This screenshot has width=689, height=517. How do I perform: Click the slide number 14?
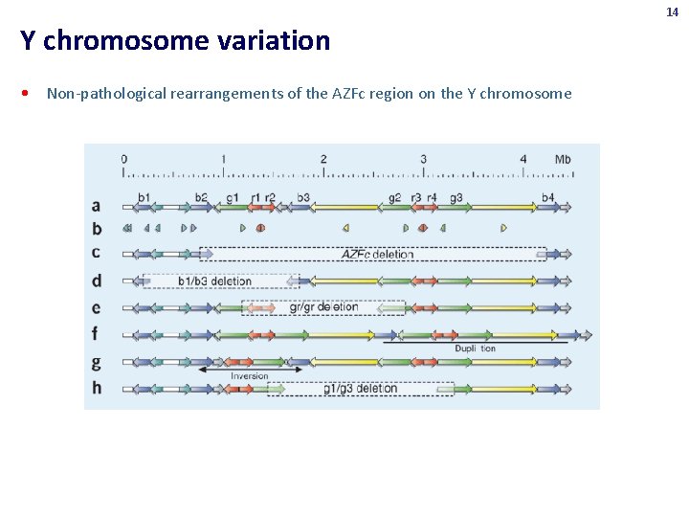pyautogui.click(x=673, y=11)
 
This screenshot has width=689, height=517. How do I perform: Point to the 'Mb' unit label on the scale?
pyautogui.click(x=563, y=159)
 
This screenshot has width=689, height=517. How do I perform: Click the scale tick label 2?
pyautogui.click(x=323, y=159)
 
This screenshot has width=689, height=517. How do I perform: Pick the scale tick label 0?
pyautogui.click(x=124, y=159)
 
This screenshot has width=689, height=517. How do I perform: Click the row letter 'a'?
pyautogui.click(x=96, y=206)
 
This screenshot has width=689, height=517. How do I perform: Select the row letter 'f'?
pyautogui.click(x=96, y=335)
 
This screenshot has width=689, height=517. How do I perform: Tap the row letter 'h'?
pyautogui.click(x=96, y=389)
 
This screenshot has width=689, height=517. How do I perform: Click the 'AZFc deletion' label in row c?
pyautogui.click(x=378, y=255)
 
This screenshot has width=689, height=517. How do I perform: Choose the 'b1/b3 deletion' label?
pyautogui.click(x=214, y=281)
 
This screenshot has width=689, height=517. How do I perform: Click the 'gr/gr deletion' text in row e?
pyautogui.click(x=323, y=307)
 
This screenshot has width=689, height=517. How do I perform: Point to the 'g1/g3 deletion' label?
pyautogui.click(x=360, y=389)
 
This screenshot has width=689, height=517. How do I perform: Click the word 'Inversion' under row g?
pyautogui.click(x=249, y=376)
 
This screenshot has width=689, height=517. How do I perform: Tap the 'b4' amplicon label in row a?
pyautogui.click(x=547, y=197)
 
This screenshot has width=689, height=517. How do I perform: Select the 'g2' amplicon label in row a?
pyautogui.click(x=395, y=197)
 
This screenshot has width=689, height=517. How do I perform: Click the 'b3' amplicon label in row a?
pyautogui.click(x=303, y=197)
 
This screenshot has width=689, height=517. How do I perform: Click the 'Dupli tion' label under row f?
pyautogui.click(x=475, y=348)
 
